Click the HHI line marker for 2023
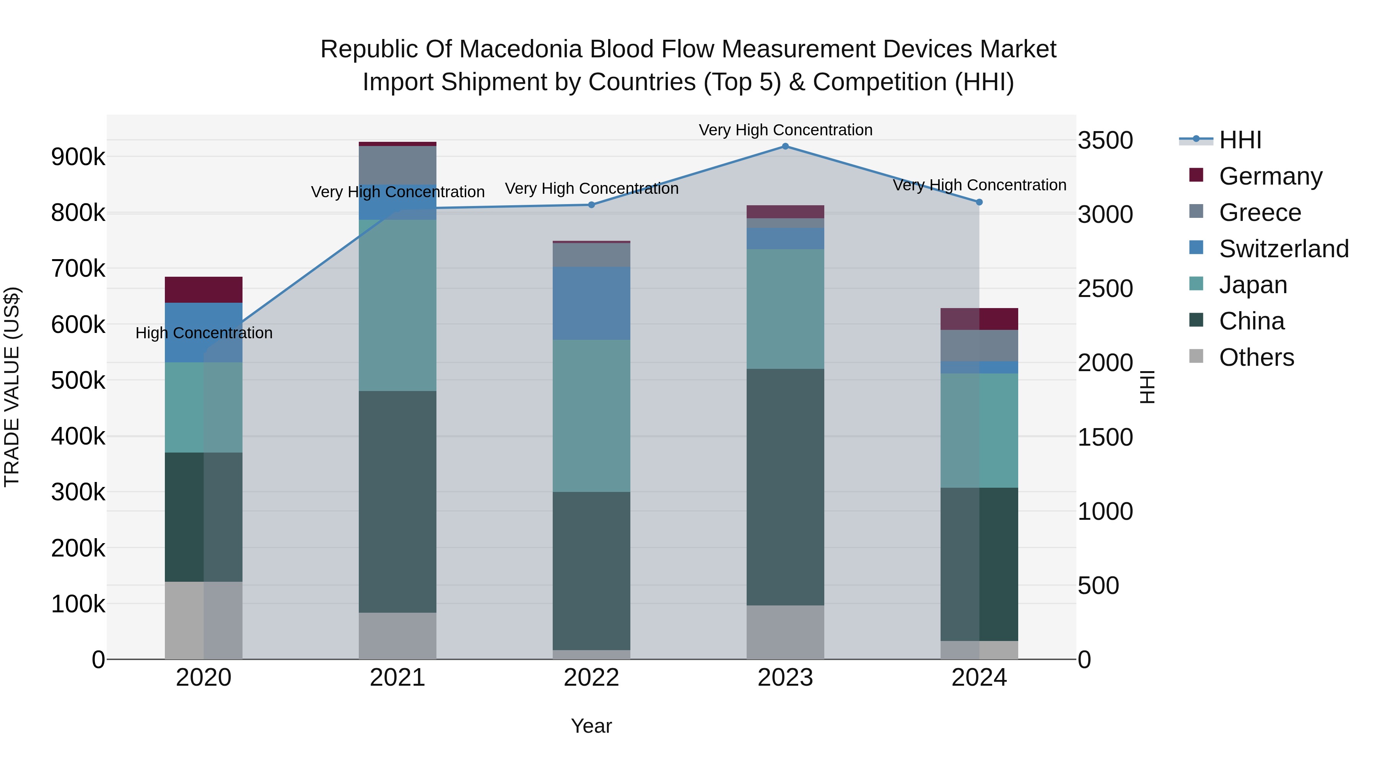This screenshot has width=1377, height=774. coord(785,146)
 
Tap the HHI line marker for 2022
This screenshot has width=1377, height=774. coord(591,204)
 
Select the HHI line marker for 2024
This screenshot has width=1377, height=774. coord(979,202)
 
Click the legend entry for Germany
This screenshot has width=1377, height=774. coord(1270,176)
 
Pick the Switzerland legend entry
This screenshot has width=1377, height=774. coord(1283,248)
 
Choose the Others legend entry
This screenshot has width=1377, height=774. coord(1256,357)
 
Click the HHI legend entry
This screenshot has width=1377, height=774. coord(1240,140)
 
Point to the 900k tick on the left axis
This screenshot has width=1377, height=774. coord(78,157)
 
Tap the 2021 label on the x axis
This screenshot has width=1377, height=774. coord(397,678)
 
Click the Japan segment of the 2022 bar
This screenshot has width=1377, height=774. coord(591,415)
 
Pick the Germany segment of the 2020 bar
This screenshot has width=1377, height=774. coord(203,289)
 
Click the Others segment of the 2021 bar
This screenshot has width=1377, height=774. coord(397,635)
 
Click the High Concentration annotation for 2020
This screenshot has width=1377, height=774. coord(203,333)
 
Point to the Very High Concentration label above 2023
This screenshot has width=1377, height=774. coord(785,130)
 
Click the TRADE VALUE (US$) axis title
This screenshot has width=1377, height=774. coord(12,387)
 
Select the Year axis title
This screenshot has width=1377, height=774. coord(591,726)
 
